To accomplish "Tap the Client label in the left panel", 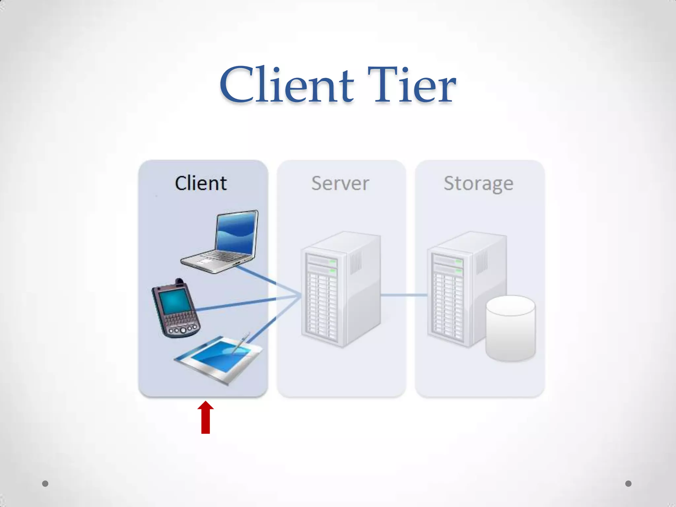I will [201, 183].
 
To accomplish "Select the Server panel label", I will [340, 183].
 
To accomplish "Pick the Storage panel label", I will [478, 183].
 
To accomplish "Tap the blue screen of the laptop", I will [236, 233].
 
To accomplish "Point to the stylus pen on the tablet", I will [240, 343].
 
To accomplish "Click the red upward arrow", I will [205, 418].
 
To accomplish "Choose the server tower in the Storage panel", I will [462, 287].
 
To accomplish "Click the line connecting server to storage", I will [404, 295].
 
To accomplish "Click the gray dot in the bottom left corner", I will [45, 484].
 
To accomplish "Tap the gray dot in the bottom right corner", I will [628, 484].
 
